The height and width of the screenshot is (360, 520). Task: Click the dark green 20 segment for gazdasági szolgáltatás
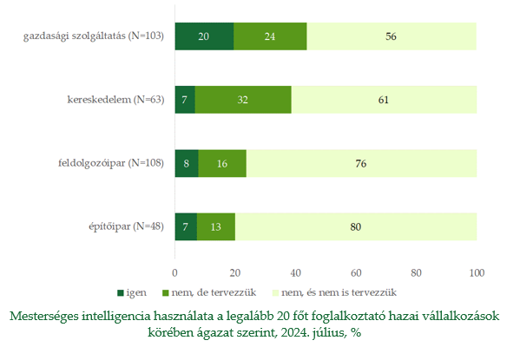[x=204, y=36]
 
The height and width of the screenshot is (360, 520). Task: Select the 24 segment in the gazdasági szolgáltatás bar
[x=270, y=36]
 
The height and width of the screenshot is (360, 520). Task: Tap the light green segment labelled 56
[x=392, y=36]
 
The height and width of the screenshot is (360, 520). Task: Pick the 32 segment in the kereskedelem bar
[x=243, y=100]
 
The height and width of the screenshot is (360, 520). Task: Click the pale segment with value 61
[x=384, y=100]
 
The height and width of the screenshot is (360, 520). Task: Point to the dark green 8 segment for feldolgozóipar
[x=187, y=163]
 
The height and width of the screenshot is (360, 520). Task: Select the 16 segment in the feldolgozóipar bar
[x=222, y=163]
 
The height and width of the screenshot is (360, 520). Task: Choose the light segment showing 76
[x=361, y=163]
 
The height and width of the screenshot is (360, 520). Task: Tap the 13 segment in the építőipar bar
[x=216, y=226]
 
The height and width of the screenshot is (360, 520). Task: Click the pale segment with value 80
[x=356, y=226]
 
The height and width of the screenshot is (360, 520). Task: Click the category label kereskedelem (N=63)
[x=115, y=100]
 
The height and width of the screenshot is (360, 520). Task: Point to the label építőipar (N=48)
[x=127, y=226]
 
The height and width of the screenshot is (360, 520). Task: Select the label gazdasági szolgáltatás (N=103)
[x=94, y=36]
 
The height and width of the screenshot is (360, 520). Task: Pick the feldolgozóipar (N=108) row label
[x=111, y=163]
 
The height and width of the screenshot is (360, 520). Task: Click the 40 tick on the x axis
[x=295, y=272]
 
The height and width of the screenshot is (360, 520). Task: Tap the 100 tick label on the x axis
[x=477, y=272]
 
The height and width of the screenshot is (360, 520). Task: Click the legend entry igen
[x=132, y=292]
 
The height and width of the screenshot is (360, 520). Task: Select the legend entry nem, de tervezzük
[x=209, y=292]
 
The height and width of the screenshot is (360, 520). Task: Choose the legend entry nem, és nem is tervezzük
[x=334, y=292]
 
